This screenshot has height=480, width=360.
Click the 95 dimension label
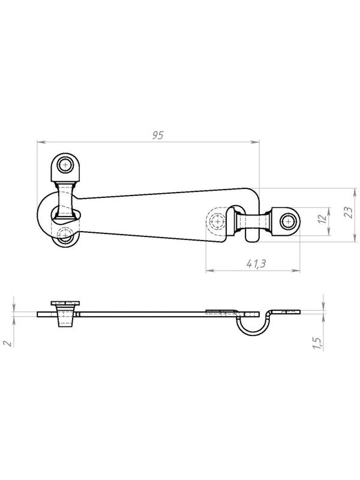[x=158, y=135]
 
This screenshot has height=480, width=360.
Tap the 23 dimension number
[x=348, y=212]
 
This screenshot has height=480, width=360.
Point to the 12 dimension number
[x=322, y=218]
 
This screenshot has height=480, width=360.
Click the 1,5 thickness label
[x=317, y=343]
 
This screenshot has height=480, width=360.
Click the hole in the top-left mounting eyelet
[x=65, y=166]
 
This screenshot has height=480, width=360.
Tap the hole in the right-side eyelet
[x=287, y=221]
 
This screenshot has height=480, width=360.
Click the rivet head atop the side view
[x=65, y=303]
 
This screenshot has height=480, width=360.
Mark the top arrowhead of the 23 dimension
[x=355, y=193]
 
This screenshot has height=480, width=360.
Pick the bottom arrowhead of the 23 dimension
[x=355, y=238]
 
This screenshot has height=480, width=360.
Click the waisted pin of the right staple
[x=253, y=221]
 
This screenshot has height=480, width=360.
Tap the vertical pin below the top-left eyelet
[x=65, y=200]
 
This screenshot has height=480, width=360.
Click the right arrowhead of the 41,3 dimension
[x=295, y=271]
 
